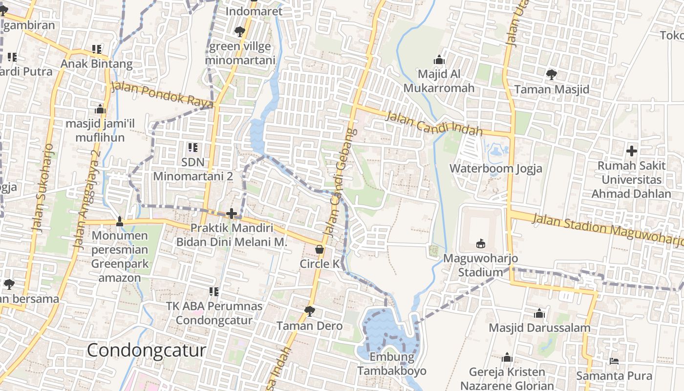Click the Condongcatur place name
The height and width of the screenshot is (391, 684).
point(146,350)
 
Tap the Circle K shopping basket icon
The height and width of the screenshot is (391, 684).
point(320,249)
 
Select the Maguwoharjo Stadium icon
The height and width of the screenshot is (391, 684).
point(481,243)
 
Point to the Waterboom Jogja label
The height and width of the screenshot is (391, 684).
point(495,169)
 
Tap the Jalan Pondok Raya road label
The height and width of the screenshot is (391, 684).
point(162,94)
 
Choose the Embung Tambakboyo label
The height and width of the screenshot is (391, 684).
point(391,364)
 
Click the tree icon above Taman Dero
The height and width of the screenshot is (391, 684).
point(309,311)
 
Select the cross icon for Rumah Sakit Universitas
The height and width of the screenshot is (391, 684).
point(631,151)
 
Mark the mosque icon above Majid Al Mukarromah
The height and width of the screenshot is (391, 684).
point(439,60)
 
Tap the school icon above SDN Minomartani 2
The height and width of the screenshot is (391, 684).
point(193,147)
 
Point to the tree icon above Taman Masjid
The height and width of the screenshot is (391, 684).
point(551,75)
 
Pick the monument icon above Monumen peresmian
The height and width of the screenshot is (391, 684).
point(120,221)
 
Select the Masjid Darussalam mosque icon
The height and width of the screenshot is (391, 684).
point(539,313)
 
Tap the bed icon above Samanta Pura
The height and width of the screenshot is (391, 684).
point(614,361)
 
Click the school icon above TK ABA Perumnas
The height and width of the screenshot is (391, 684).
point(214,292)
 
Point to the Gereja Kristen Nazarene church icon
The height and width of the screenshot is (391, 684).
point(507,358)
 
